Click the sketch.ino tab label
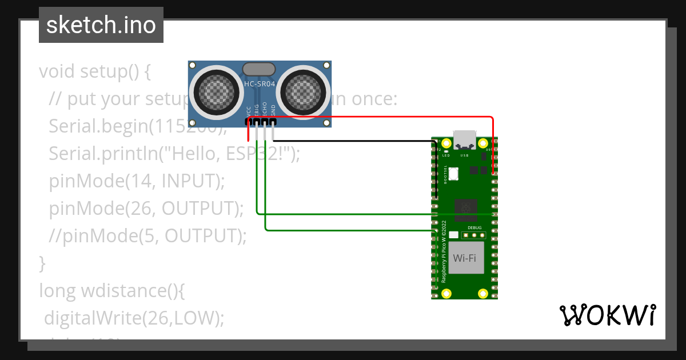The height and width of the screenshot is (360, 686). click(x=101, y=25)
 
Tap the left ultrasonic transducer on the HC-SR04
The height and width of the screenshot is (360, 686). click(x=216, y=91)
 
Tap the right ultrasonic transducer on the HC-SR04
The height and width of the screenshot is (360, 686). click(x=304, y=91)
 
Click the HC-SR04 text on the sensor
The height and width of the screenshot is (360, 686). click(x=260, y=84)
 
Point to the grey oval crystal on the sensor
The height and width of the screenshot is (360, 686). click(x=260, y=70)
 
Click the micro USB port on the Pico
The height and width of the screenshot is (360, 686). click(x=464, y=140)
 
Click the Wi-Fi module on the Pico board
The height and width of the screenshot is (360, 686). click(x=464, y=258)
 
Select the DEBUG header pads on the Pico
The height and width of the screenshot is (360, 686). click(x=474, y=235)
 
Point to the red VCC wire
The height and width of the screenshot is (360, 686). click(x=372, y=117)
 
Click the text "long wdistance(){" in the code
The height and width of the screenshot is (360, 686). click(x=112, y=291)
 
